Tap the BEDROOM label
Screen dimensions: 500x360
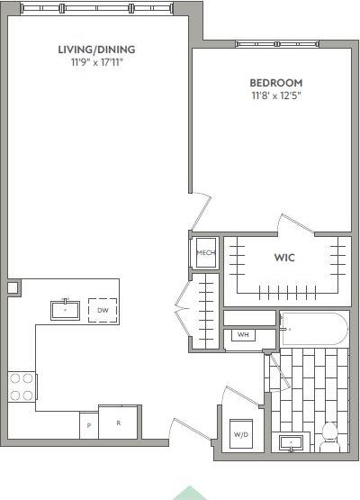[270, 82]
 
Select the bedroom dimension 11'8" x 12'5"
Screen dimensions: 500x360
[270, 95]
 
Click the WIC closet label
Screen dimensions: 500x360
[284, 258]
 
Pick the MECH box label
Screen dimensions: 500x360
[205, 253]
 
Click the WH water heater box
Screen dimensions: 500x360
[242, 335]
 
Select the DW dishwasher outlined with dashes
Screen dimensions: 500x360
[103, 310]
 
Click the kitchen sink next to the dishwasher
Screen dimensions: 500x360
[66, 310]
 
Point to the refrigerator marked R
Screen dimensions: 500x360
[118, 423]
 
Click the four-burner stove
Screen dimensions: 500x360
[22, 386]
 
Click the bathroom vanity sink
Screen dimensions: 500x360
[292, 442]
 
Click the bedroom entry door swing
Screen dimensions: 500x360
[200, 211]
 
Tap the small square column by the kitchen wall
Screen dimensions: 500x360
[13, 287]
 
